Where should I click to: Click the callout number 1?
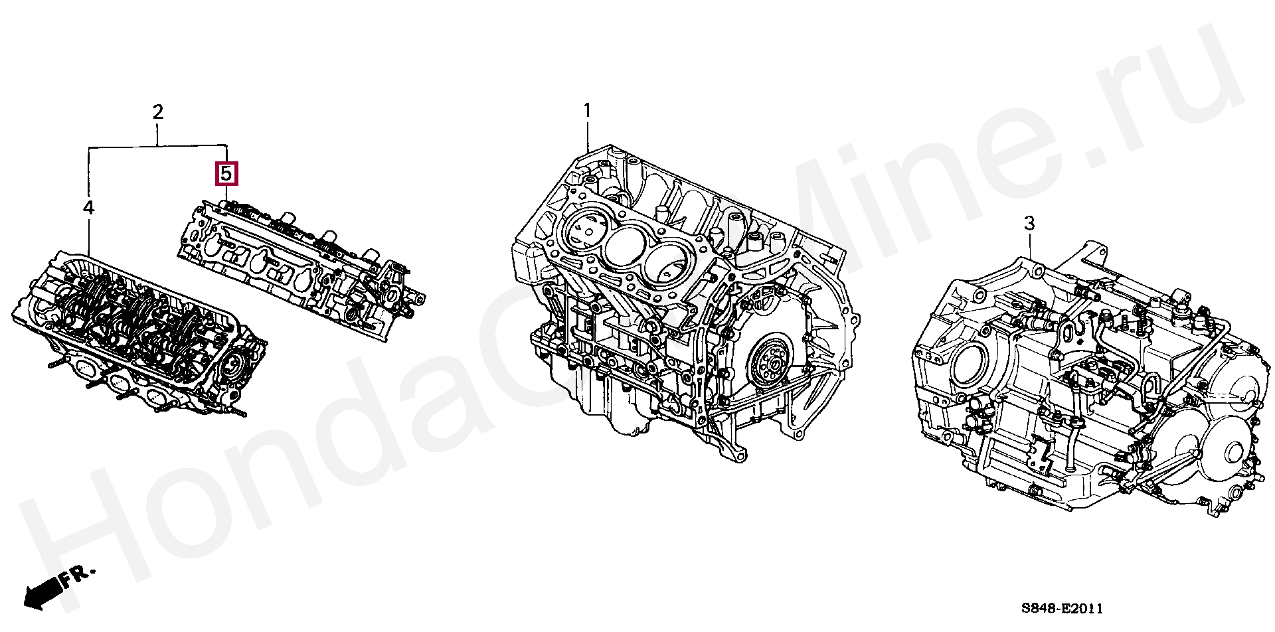586,110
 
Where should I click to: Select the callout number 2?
157,112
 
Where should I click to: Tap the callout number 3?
1029,224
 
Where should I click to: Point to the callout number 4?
88,208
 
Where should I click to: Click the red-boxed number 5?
226,174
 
